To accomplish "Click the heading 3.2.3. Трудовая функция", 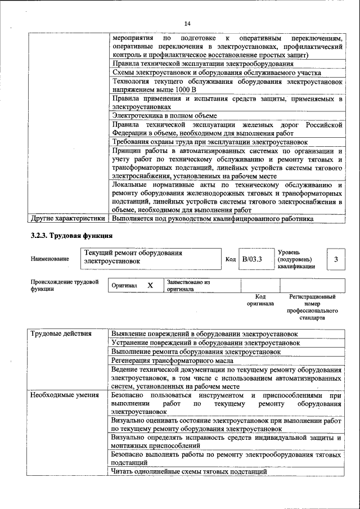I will tap(71, 235).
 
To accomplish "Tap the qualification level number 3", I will tap(336, 259).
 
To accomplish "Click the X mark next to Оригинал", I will tap(150, 285).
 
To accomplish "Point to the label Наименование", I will tap(51, 259).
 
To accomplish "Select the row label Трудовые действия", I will tap(61, 334).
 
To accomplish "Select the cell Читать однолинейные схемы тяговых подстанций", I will tap(189, 471).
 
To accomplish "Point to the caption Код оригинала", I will tap(260, 300).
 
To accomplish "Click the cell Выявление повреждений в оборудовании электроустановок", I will tap(205, 334).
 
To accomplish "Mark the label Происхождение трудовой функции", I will tap(65, 285).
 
